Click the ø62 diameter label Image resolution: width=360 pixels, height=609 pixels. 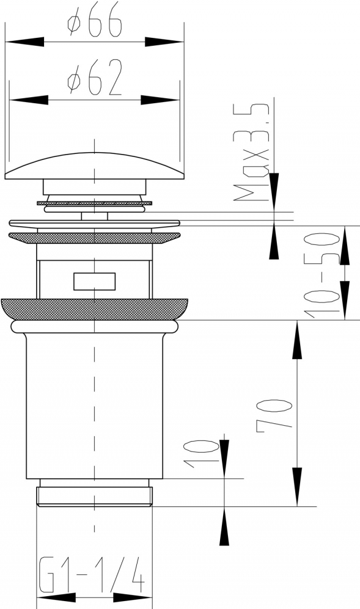pyautogui.click(x=95, y=78)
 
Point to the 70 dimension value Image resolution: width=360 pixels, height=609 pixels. pyautogui.click(x=274, y=413)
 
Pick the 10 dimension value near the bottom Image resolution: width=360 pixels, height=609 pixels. pyautogui.click(x=201, y=454)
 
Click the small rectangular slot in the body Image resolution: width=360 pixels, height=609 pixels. pyautogui.click(x=95, y=281)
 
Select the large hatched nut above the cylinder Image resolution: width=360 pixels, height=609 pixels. pyautogui.click(x=95, y=309)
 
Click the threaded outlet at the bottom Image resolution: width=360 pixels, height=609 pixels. pyautogui.click(x=95, y=497)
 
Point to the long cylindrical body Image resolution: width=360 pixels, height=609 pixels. pyautogui.click(x=95, y=406)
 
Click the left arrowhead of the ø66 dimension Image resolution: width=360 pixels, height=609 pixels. pyautogui.click(x=24, y=42)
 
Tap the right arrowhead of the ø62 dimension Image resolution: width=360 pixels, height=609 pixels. pyautogui.click(x=160, y=100)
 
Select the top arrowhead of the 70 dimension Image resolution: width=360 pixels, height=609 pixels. pyautogui.click(x=297, y=340)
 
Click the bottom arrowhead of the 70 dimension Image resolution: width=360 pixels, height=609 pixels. pyautogui.click(x=297, y=487)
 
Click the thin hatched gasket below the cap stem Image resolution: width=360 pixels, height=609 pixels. pyautogui.click(x=95, y=203)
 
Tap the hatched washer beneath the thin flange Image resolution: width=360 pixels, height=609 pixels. pyautogui.click(x=95, y=238)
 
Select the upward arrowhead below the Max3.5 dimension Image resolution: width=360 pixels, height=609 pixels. pyautogui.click(x=274, y=241)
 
